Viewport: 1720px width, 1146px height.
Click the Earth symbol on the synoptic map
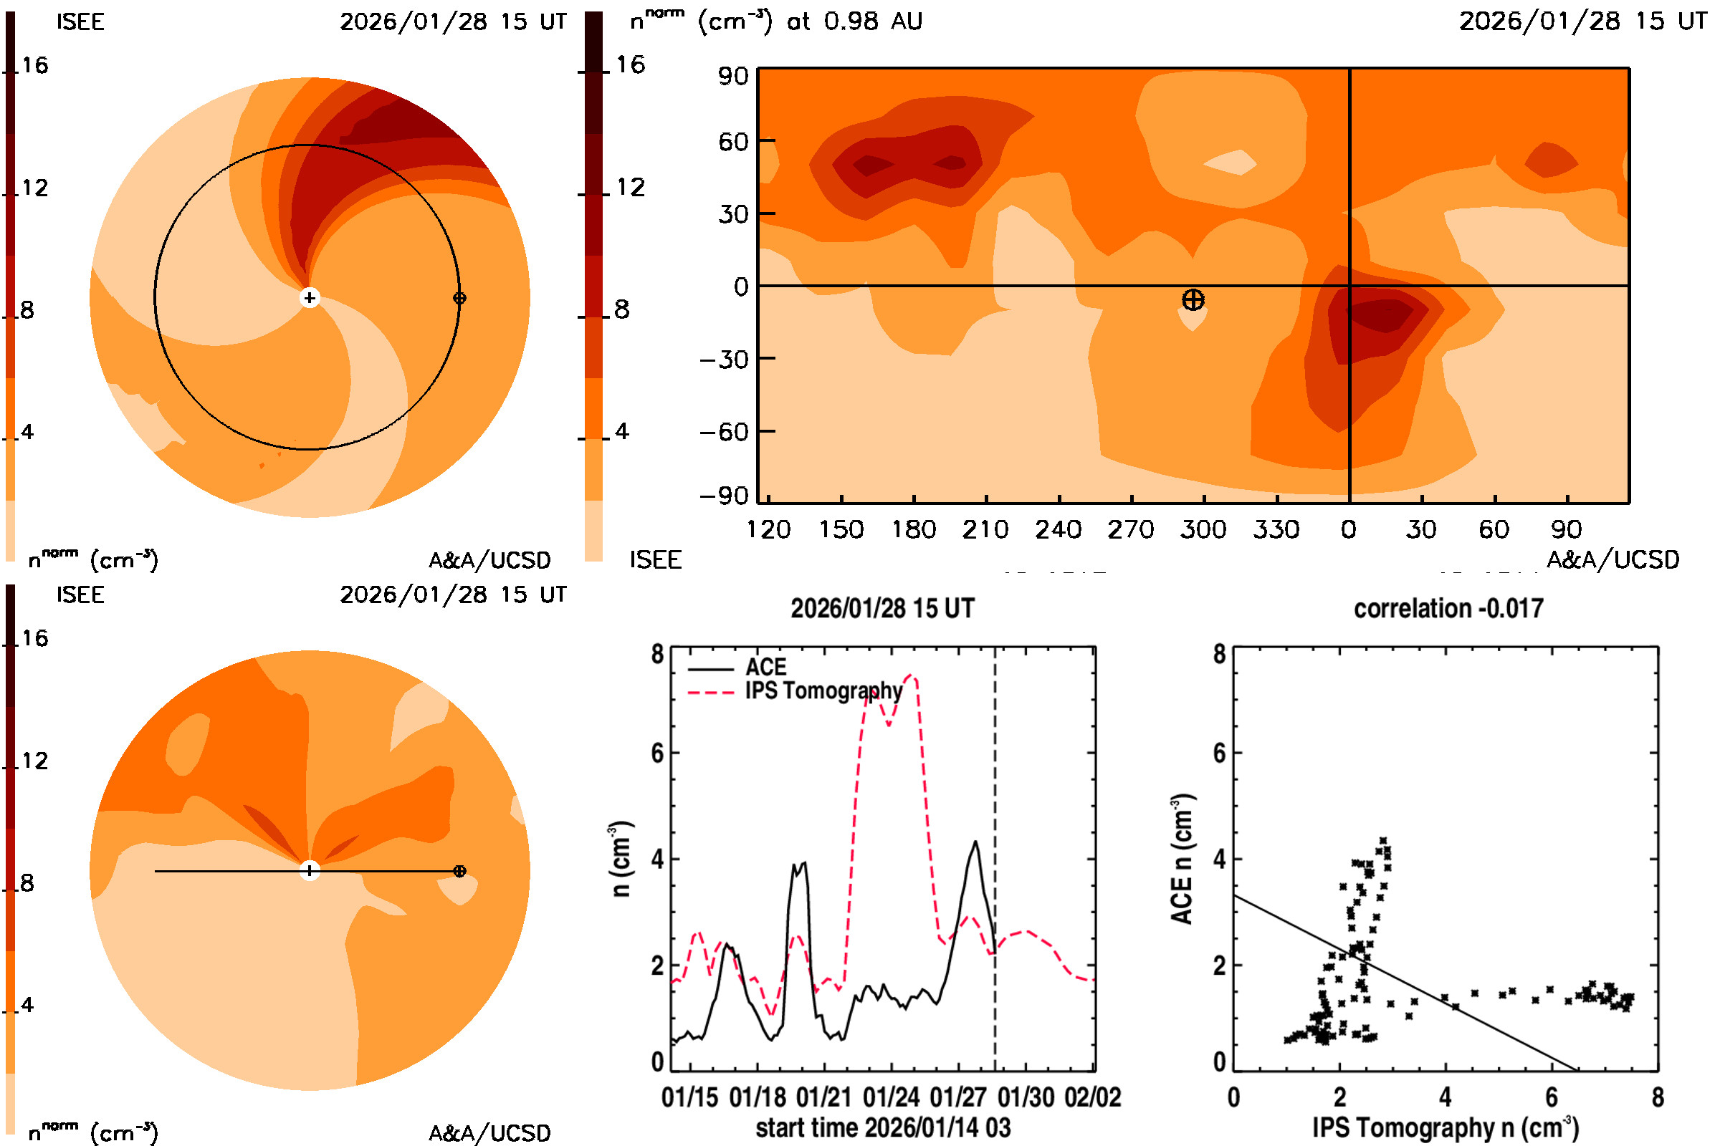[x=1193, y=299]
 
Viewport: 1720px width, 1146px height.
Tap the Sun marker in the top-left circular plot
[x=310, y=298]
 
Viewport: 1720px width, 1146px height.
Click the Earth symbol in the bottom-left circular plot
[x=459, y=871]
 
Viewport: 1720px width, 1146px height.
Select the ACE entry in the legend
[x=765, y=668]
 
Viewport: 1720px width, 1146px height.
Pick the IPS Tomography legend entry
[x=823, y=690]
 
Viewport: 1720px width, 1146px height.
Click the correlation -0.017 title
[x=1448, y=609]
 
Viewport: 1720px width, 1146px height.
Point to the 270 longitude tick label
[x=1131, y=529]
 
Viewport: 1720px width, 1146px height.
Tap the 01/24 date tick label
[x=891, y=1098]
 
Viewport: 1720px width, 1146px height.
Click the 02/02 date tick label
[x=1092, y=1098]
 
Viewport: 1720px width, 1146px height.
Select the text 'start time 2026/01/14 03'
[x=883, y=1127]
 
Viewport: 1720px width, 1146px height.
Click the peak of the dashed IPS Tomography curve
[x=911, y=676]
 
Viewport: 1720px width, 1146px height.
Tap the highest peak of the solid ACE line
[x=975, y=842]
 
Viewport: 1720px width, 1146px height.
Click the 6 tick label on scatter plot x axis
[x=1551, y=1098]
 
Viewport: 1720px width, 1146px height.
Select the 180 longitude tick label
[x=913, y=529]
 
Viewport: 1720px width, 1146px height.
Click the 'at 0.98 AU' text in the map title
[x=854, y=21]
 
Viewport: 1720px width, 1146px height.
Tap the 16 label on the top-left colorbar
[x=34, y=66]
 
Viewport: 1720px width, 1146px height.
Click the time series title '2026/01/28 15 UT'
[x=882, y=609]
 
